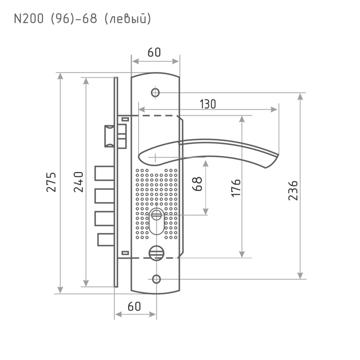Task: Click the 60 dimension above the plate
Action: [x=154, y=52]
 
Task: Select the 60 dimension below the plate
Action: [x=135, y=307]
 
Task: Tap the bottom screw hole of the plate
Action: [x=156, y=278]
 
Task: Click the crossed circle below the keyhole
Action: [x=156, y=253]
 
